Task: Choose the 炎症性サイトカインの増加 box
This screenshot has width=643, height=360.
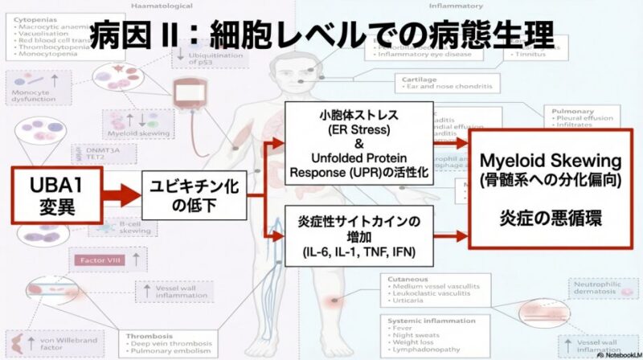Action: tap(359, 235)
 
